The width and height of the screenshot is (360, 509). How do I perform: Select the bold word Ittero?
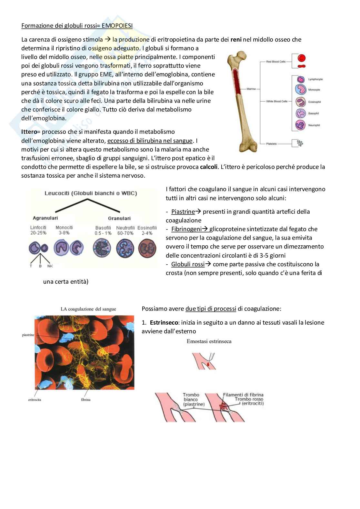29,132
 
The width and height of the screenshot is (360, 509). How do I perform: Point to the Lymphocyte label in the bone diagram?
315,79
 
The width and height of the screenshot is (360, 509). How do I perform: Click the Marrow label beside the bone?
251,89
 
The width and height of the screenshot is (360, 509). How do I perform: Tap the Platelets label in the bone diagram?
271,144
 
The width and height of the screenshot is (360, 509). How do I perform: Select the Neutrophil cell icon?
300,125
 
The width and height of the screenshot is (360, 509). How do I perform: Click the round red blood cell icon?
301,58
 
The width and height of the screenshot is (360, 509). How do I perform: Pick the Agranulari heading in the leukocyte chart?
45,218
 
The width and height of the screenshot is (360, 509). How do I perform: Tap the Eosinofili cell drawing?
147,249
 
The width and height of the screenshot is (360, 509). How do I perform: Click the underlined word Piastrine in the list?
183,212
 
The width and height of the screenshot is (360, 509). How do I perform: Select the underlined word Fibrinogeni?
186,229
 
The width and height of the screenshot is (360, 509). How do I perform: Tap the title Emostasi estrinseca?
209,341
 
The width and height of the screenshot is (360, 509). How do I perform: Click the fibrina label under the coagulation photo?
85,400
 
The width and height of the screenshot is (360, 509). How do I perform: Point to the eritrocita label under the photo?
35,400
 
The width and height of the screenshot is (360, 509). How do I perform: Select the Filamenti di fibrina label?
243,395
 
